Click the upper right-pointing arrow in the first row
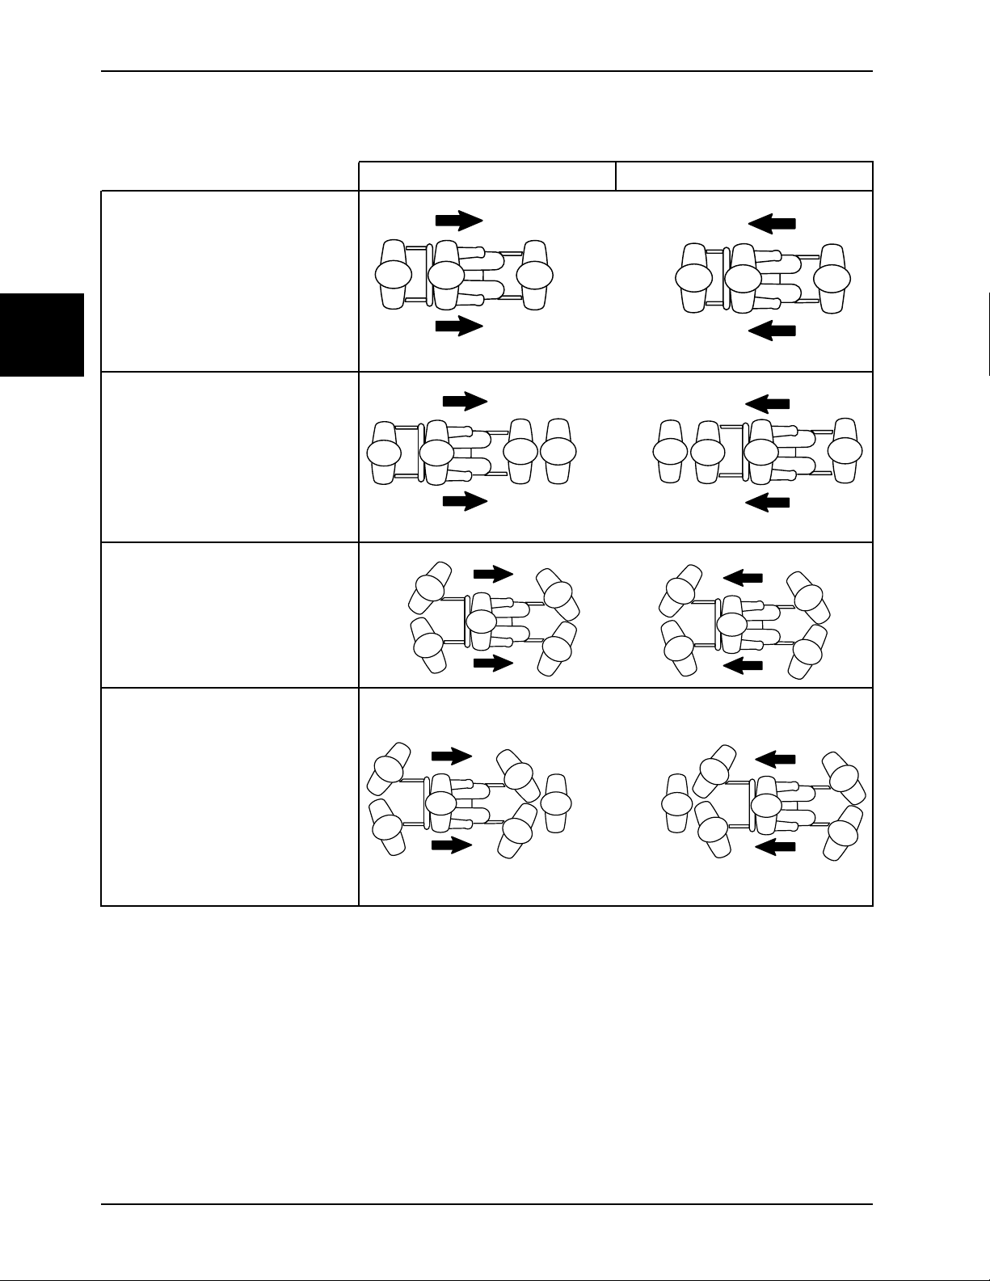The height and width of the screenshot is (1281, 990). click(x=459, y=220)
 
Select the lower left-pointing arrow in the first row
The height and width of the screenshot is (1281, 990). click(x=773, y=331)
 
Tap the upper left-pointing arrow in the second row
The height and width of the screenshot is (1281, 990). click(x=767, y=402)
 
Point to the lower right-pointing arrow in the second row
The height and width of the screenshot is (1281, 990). click(x=466, y=501)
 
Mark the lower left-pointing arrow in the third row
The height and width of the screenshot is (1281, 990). click(x=743, y=666)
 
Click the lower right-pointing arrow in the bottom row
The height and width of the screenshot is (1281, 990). click(x=452, y=845)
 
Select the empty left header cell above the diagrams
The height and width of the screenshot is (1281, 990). click(x=487, y=176)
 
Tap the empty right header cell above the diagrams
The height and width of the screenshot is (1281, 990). click(x=744, y=176)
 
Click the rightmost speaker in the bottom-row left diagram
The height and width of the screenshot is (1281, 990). click(x=556, y=803)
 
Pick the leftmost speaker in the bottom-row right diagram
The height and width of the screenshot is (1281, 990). click(x=676, y=803)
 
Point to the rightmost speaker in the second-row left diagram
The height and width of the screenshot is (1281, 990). click(x=558, y=451)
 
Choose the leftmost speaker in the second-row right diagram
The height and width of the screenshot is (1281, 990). click(x=669, y=452)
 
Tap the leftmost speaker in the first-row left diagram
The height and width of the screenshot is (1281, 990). click(x=394, y=275)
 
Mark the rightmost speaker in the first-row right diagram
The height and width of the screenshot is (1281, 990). click(x=832, y=278)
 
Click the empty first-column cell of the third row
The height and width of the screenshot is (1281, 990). click(x=230, y=614)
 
